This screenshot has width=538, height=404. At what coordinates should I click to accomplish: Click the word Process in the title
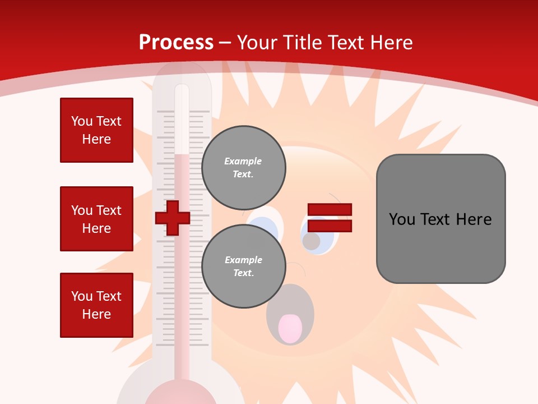tap(176, 43)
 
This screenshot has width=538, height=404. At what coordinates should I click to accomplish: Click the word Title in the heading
tap(301, 43)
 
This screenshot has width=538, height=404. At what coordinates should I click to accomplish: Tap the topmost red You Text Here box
tap(96, 130)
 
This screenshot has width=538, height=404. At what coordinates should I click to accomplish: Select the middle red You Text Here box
tap(96, 219)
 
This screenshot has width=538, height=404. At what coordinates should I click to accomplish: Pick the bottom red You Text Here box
tap(96, 305)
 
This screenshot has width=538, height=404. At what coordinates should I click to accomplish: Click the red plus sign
tap(173, 218)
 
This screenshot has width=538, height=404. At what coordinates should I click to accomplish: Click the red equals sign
tap(330, 218)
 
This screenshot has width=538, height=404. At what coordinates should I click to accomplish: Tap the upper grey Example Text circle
tap(243, 168)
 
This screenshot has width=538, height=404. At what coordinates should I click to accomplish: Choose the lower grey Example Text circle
tap(243, 267)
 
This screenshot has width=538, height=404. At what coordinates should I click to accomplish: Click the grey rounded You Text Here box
tap(440, 219)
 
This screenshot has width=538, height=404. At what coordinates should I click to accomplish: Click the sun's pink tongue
tap(290, 329)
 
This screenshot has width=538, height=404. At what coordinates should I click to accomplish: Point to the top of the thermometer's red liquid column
tap(182, 155)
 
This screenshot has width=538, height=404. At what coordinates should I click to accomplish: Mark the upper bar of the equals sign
tap(330, 209)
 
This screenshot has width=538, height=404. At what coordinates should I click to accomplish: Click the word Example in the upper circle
tap(243, 161)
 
